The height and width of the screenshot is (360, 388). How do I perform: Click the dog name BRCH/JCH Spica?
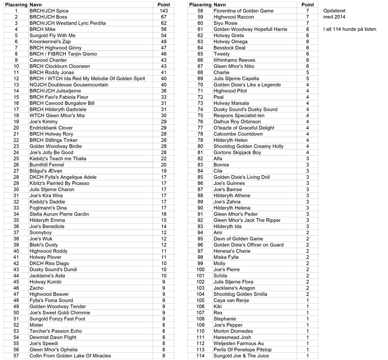49,11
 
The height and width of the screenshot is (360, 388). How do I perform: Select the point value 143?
163,11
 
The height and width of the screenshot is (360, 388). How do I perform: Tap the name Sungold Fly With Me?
52,35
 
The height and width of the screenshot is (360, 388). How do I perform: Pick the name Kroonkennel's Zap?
50,42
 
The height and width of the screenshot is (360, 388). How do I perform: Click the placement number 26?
16,165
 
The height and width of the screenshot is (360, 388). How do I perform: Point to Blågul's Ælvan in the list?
47,171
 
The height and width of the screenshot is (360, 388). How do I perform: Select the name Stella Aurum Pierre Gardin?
59,214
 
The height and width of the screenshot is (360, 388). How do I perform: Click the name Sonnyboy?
41,233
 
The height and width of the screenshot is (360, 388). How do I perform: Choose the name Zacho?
36,288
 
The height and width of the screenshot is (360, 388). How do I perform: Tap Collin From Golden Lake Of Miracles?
70,356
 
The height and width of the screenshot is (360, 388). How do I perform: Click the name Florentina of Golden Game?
244,11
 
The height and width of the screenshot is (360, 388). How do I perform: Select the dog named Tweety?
222,54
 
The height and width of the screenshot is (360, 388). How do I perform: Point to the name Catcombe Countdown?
238,134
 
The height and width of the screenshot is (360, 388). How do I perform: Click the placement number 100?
200,270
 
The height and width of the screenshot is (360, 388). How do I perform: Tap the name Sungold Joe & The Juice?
241,356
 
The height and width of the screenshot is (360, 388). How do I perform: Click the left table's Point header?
164,5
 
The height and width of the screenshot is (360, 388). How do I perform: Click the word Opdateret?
334,11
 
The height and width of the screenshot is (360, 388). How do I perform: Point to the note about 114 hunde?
350,29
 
